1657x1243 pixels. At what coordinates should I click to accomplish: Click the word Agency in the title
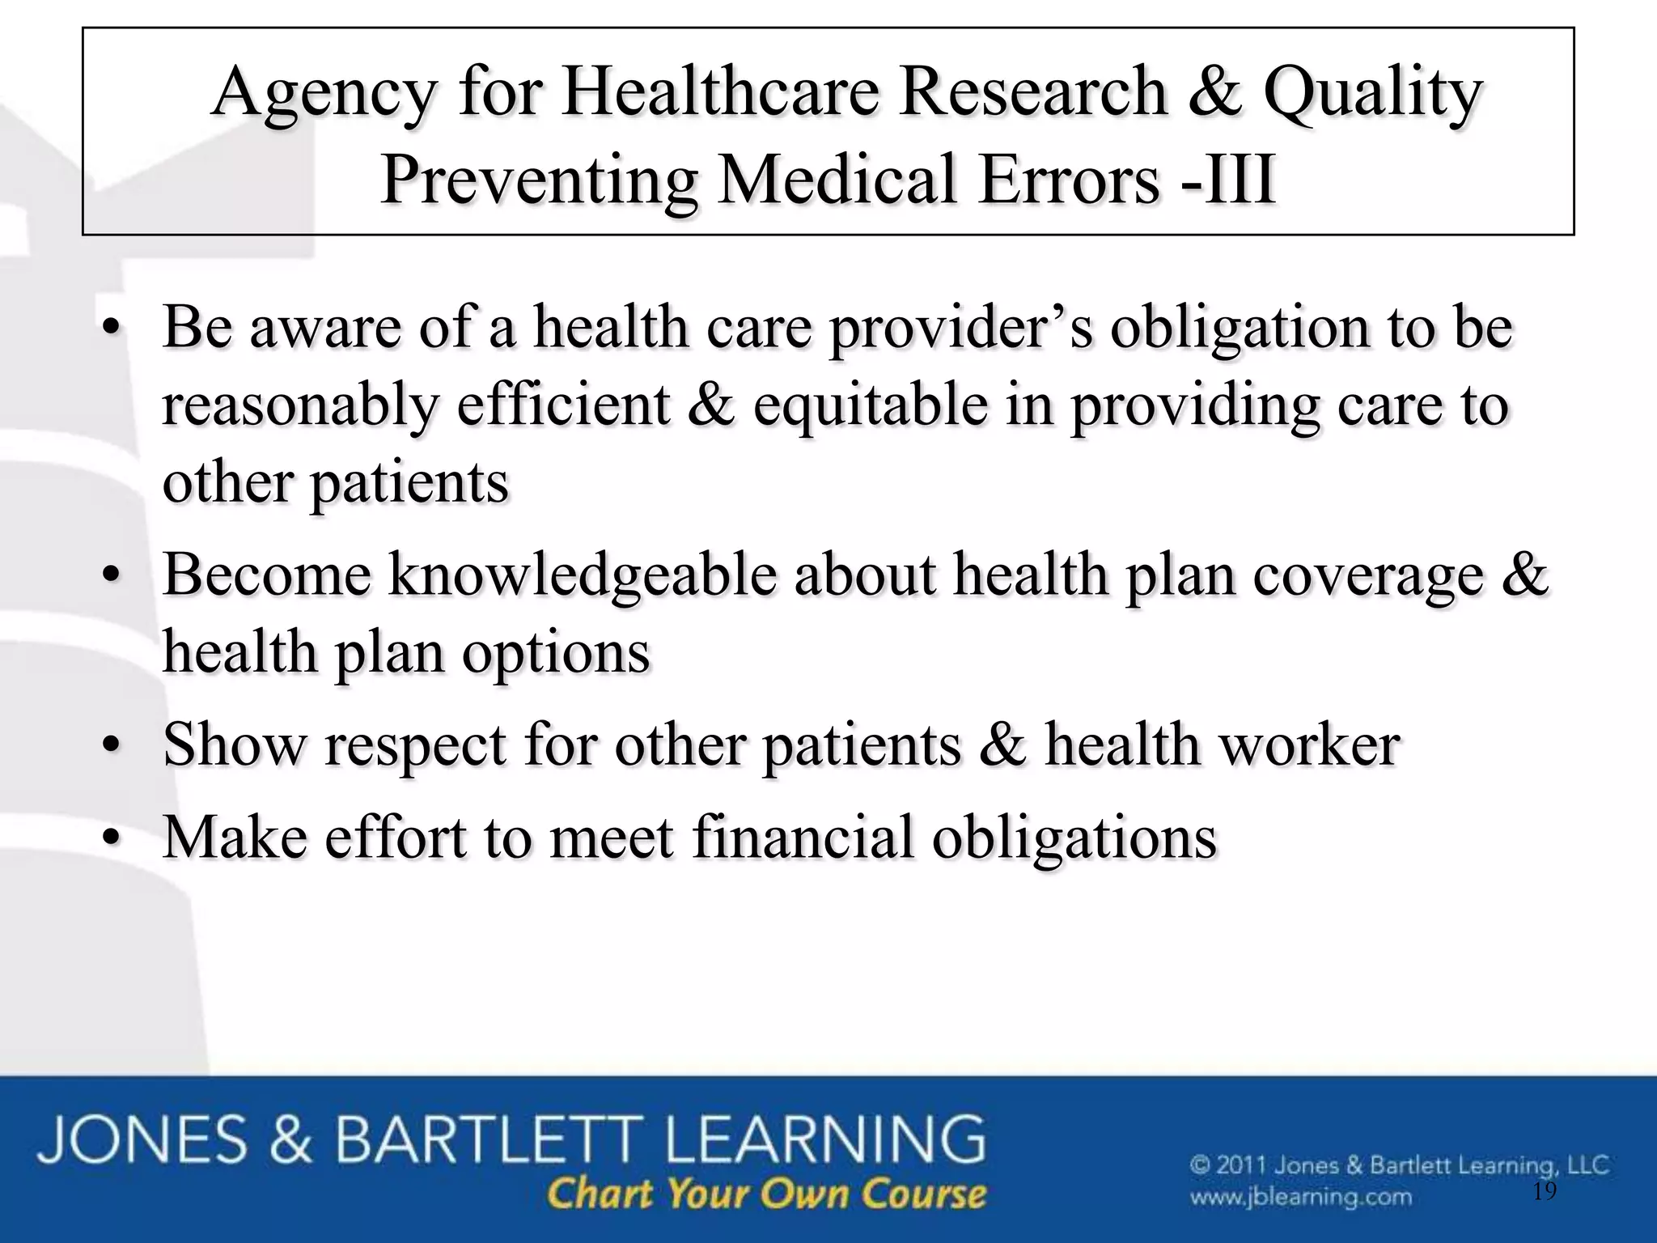(325, 94)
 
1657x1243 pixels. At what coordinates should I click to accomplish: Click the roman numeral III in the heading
(1239, 180)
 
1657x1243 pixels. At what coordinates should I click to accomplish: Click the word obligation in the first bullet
(1238, 329)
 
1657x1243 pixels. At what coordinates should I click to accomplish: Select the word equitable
(871, 405)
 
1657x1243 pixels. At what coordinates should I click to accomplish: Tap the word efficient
(563, 405)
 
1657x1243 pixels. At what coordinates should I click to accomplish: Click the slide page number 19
(1545, 1191)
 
